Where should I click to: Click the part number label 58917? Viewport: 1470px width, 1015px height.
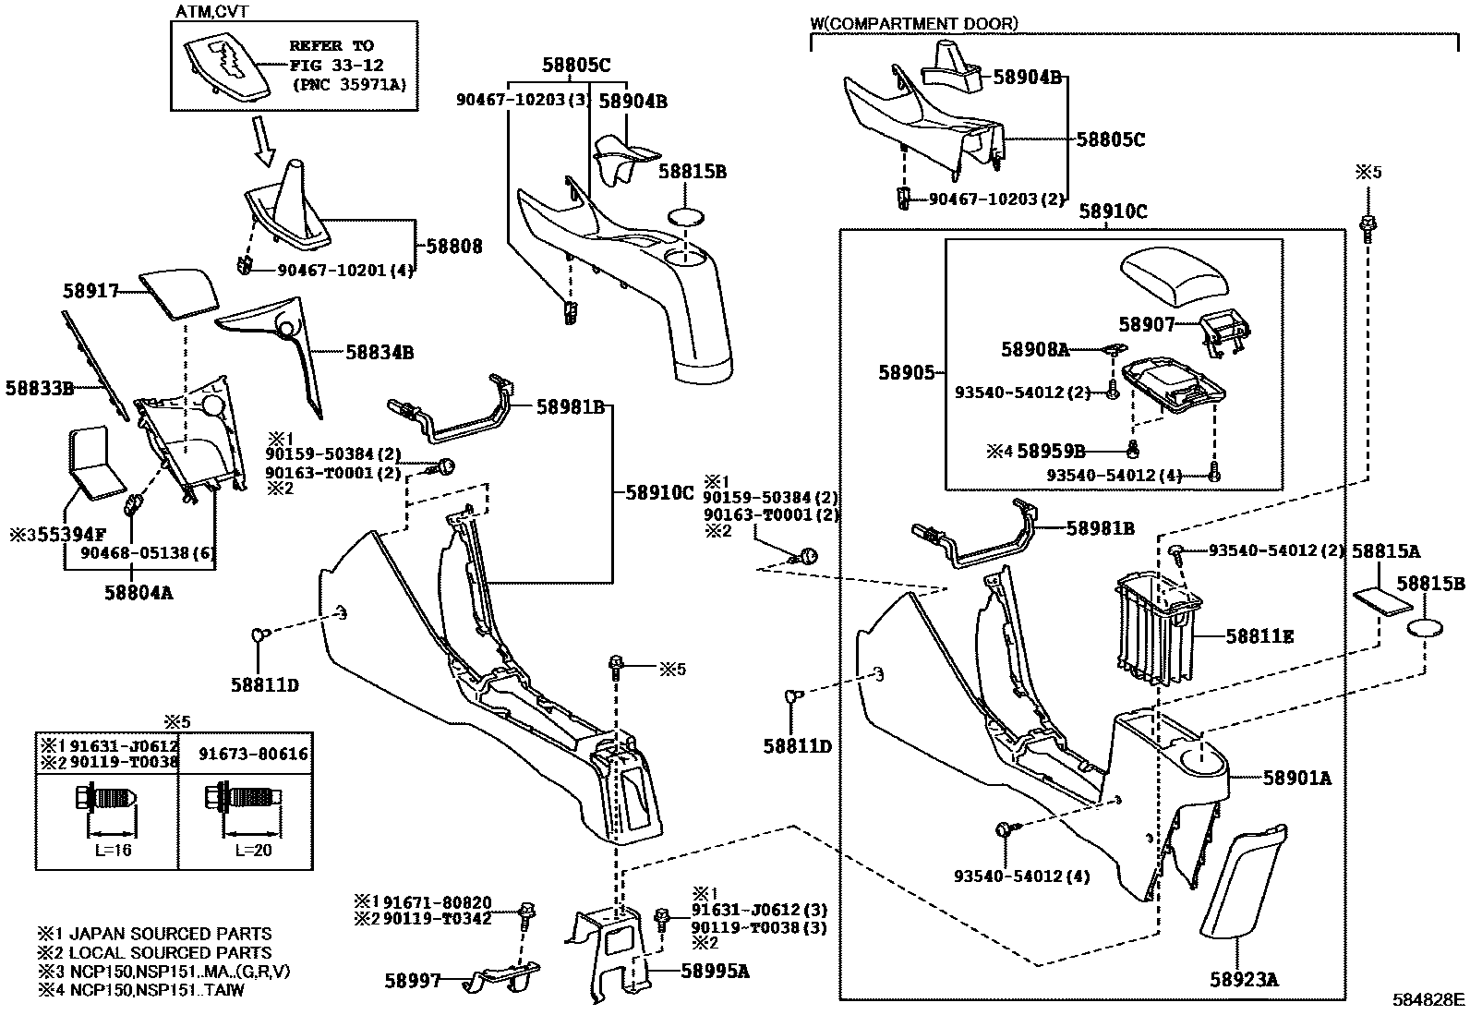pos(90,291)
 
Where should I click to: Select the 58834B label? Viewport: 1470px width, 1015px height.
pos(380,352)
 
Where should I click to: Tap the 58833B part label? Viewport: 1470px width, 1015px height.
pos(39,389)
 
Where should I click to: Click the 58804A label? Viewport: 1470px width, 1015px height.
pos(139,592)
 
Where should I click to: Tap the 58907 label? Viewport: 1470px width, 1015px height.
pos(1146,325)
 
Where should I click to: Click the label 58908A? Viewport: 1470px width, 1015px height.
pos(1034,350)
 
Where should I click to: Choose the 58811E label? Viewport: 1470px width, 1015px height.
pos(1259,636)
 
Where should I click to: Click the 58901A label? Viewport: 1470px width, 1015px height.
pos(1296,779)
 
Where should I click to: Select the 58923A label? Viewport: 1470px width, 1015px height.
pos(1245,980)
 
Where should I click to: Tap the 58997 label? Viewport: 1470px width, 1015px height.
pos(413,980)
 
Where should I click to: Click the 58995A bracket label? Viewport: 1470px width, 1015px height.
pos(715,971)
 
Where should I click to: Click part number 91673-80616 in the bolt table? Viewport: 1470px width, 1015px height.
pos(253,755)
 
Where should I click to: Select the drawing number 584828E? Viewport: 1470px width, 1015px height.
pos(1428,999)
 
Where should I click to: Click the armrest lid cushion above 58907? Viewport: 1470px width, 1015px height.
pos(1175,277)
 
